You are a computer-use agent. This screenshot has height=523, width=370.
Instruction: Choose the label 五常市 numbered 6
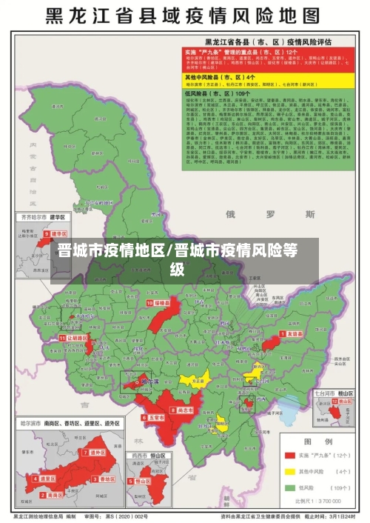[x=154, y=418]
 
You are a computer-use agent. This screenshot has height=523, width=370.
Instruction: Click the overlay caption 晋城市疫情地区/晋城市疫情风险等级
[x=185, y=259]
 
